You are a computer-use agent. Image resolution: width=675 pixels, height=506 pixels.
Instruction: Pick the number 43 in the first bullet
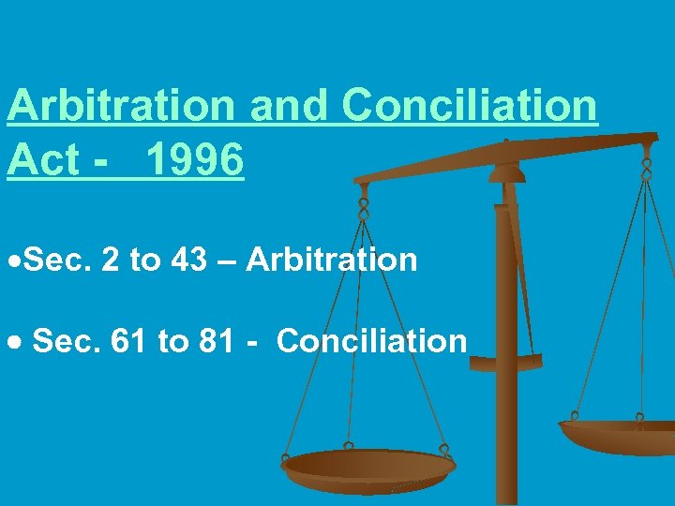tap(191, 260)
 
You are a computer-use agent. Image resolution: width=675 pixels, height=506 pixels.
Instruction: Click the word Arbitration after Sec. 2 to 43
tap(331, 260)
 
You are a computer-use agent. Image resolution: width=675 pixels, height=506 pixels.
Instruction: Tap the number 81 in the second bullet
tap(217, 341)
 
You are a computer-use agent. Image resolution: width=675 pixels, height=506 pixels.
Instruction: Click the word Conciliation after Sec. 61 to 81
tap(371, 341)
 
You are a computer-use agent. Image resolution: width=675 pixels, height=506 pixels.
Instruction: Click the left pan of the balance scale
tap(367, 465)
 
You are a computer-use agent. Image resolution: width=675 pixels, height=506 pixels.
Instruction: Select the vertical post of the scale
tap(506, 375)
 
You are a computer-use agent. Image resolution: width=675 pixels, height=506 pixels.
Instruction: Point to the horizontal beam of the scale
tap(506, 157)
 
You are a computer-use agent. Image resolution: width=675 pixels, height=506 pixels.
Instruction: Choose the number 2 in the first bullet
tap(111, 260)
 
